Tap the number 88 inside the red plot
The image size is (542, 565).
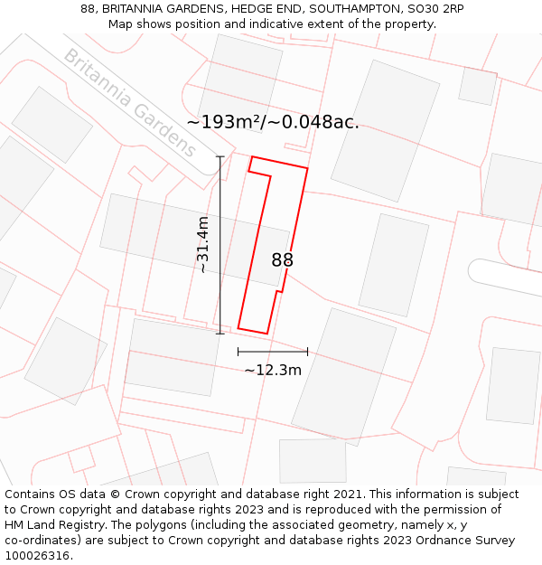[x=283, y=260]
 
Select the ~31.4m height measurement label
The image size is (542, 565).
[x=203, y=244]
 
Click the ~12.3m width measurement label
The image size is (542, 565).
[x=273, y=370]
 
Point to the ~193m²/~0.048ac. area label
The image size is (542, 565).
[x=273, y=123]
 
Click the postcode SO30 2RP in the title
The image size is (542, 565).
[x=435, y=9]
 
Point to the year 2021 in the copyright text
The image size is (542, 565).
[x=345, y=494]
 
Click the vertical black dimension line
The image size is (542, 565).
[x=220, y=271]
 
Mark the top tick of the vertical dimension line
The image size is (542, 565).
[x=220, y=156]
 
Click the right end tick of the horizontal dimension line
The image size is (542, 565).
[x=308, y=352]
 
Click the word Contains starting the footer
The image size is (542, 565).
[x=31, y=494]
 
